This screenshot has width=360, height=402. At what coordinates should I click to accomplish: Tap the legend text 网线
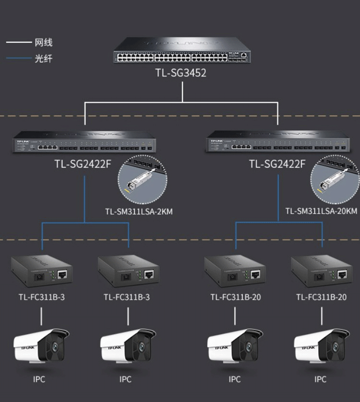pyautogui.click(x=44, y=43)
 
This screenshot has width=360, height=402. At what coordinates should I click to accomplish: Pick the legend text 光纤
pyautogui.click(x=44, y=59)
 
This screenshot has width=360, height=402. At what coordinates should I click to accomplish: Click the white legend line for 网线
pyautogui.click(x=18, y=43)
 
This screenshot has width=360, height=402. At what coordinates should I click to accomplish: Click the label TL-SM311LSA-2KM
pyautogui.click(x=139, y=211)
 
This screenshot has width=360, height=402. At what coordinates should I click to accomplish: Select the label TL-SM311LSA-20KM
pyautogui.click(x=321, y=211)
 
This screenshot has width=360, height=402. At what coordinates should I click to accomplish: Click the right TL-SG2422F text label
pyautogui.click(x=277, y=164)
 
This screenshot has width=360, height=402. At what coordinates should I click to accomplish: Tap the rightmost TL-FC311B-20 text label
pyautogui.click(x=321, y=297)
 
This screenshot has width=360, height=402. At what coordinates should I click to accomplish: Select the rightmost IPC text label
pyautogui.click(x=320, y=379)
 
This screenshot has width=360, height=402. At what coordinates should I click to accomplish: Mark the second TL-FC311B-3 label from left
pyautogui.click(x=127, y=297)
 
